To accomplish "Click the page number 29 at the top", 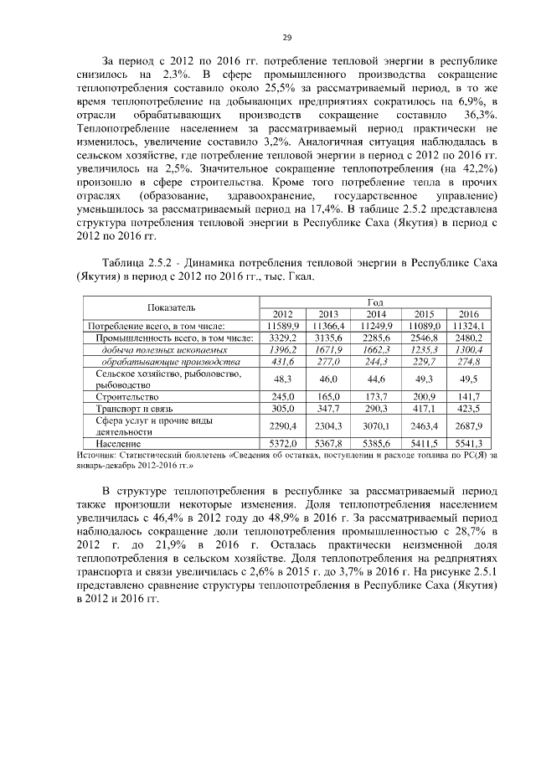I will pyautogui.click(x=286, y=37).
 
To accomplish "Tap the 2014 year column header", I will pyautogui.click(x=377, y=313).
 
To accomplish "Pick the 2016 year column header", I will pyautogui.click(x=468, y=313).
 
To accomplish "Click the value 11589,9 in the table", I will pyautogui.click(x=285, y=325).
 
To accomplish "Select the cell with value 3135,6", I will pyautogui.click(x=330, y=337).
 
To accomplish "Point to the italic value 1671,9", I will pyautogui.click(x=330, y=349).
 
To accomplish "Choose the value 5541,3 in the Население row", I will pyautogui.click(x=468, y=442).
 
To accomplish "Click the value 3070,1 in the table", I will pyautogui.click(x=377, y=425).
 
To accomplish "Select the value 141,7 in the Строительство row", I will pyautogui.click(x=468, y=396).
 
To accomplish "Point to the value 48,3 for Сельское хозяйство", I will pyautogui.click(x=285, y=379).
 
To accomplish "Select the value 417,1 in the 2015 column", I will pyautogui.click(x=423, y=408).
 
